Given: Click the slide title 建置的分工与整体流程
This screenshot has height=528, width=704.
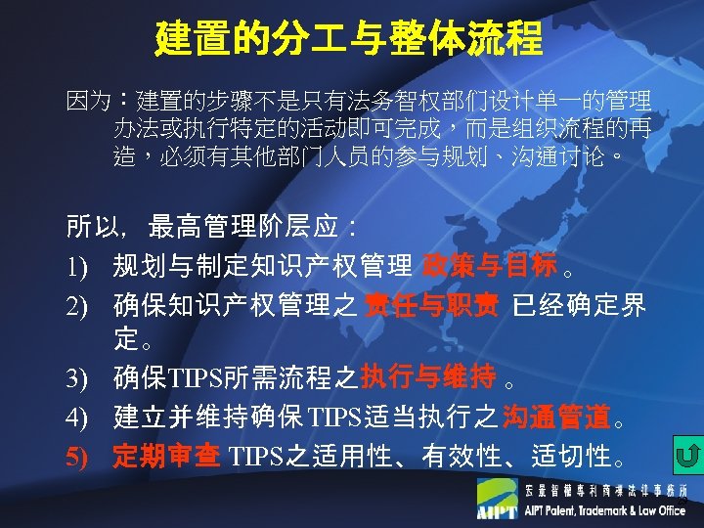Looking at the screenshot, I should [349, 39].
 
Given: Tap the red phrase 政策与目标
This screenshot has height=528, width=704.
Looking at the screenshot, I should [489, 264].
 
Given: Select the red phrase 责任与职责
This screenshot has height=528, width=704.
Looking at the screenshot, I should [421, 306].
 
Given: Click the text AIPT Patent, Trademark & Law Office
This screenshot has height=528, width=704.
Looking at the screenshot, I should [605, 510].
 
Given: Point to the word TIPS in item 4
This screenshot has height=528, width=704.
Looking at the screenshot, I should [334, 418].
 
